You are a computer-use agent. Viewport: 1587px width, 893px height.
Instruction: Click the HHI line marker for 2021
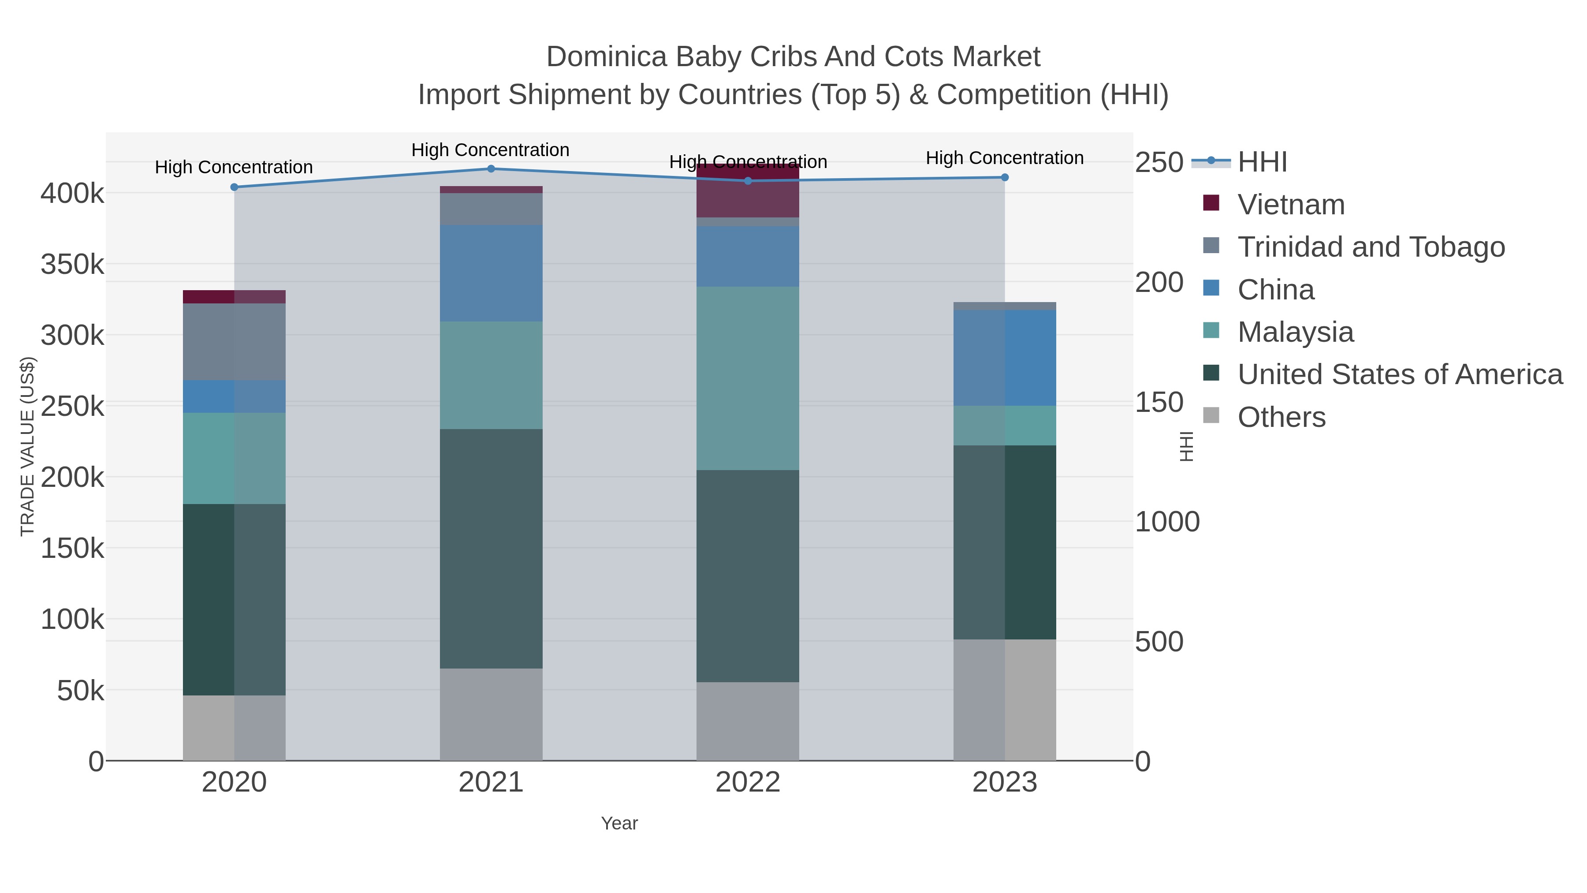coord(491,169)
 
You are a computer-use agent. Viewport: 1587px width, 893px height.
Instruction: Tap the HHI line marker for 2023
coord(1005,177)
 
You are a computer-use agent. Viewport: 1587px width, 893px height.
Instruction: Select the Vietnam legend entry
coord(1291,205)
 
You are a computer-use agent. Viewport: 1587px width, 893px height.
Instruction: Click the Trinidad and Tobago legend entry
coord(1371,247)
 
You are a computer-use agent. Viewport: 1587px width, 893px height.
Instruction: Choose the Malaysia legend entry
coord(1295,332)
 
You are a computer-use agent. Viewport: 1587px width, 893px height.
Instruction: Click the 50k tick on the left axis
coord(80,691)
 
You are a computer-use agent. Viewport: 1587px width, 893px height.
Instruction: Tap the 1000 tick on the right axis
coord(1167,522)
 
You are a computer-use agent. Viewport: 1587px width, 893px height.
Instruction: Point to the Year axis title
coord(619,823)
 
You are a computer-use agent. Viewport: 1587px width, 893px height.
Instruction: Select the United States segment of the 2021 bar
coord(491,549)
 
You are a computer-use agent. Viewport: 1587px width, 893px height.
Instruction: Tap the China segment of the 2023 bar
coord(1005,358)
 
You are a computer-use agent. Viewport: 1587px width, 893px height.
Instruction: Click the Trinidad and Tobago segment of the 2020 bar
coord(234,342)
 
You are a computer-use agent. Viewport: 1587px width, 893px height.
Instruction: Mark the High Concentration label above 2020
coord(234,167)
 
